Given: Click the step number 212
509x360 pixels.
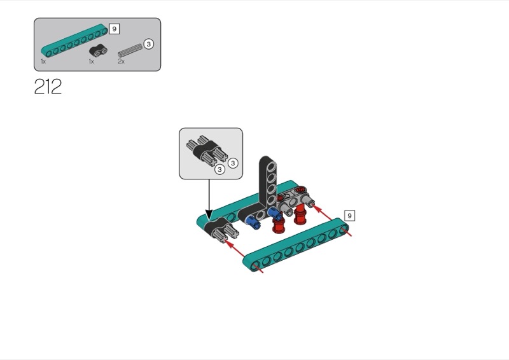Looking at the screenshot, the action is [48, 87].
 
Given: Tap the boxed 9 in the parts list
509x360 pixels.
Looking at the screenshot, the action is [114, 29].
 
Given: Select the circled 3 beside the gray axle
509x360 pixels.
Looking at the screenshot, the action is [148, 44].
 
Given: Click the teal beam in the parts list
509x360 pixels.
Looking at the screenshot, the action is [74, 39].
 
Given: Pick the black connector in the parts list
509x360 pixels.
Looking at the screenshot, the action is [98, 50].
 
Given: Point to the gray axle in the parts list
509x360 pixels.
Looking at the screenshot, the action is [130, 50].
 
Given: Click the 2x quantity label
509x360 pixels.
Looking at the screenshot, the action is [121, 61].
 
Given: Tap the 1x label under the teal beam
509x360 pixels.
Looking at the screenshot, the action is [43, 61].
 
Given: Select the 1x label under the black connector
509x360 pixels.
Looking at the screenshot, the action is [91, 61].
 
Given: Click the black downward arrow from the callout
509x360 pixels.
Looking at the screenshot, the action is [209, 198].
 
